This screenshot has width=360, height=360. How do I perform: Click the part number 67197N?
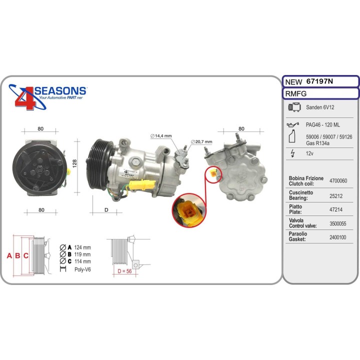320,81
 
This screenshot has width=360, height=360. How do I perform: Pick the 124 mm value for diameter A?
82,247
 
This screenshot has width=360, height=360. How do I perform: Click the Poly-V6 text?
82,269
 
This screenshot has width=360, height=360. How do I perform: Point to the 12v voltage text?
309,154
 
